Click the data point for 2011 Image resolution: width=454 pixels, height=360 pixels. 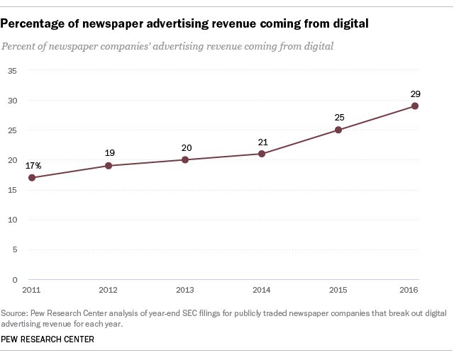point(32,177)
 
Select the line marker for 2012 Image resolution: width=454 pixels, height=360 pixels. point(109,166)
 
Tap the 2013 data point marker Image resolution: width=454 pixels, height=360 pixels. point(185,159)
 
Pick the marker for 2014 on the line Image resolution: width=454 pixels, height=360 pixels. point(262,154)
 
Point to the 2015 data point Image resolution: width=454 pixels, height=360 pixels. point(338,130)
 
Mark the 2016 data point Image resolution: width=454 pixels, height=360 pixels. point(415,106)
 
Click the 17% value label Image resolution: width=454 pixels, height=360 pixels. point(33,165)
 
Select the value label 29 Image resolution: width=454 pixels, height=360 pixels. point(415,94)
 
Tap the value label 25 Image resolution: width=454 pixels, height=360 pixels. point(338,118)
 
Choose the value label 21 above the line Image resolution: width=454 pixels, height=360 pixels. point(262,142)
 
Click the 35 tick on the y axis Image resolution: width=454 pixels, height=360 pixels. point(12,70)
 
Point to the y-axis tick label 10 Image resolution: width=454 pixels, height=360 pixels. point(12,220)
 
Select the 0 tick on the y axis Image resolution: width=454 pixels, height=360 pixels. point(14,280)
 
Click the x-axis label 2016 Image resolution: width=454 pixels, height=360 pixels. point(409,291)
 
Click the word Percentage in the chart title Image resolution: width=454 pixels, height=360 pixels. point(33,24)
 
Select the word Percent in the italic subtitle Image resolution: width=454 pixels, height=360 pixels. point(21,46)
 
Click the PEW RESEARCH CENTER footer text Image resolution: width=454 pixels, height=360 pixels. point(48,339)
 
